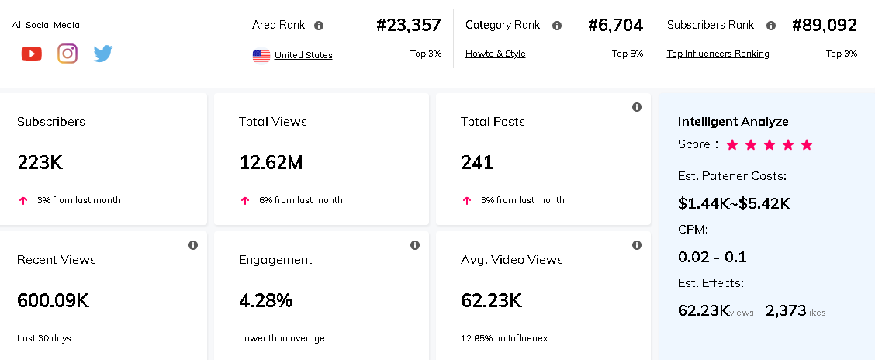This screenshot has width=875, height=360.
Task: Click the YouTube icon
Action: pos(32,54)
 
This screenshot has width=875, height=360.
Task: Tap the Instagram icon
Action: pos(67,54)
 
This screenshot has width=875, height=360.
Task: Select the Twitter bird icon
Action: pos(103,54)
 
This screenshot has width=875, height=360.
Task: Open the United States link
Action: pos(303,55)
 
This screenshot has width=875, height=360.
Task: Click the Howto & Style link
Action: pos(495,54)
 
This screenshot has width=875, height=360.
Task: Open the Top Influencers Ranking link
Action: pos(718,54)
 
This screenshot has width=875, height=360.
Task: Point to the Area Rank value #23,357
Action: pos(408,26)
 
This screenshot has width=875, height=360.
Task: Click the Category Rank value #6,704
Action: pos(615,26)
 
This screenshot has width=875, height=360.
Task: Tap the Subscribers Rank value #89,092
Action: pos(824,26)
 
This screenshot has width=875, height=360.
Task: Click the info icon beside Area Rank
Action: pos(319,26)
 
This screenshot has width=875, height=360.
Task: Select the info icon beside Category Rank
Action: pos(556,26)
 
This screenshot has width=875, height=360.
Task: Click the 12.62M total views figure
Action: pos(271,163)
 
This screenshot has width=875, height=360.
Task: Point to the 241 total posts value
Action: pos(476,163)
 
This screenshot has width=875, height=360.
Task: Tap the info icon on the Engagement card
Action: pos(415,245)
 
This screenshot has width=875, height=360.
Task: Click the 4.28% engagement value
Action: pos(265,301)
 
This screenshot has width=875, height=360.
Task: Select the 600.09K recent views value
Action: pos(53,301)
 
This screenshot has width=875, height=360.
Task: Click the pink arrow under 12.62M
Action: pos(245,200)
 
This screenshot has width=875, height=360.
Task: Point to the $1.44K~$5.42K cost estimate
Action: pos(734,204)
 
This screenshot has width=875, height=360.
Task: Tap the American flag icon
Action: pos(261,55)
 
